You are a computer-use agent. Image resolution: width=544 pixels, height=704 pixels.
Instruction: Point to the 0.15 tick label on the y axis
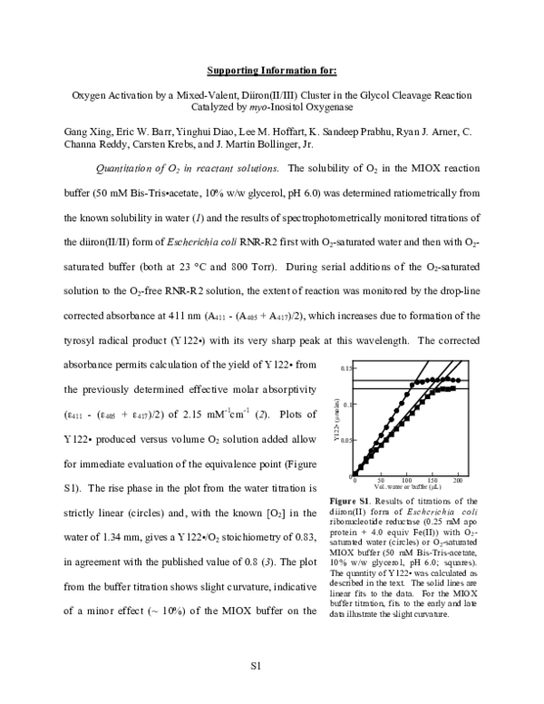coord(346,370)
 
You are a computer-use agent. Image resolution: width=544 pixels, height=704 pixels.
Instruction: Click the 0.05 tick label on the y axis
coord(346,440)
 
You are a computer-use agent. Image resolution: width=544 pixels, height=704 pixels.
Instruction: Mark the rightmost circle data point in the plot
coord(460,381)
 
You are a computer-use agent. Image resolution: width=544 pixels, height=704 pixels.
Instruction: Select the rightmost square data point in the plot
coord(453,388)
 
